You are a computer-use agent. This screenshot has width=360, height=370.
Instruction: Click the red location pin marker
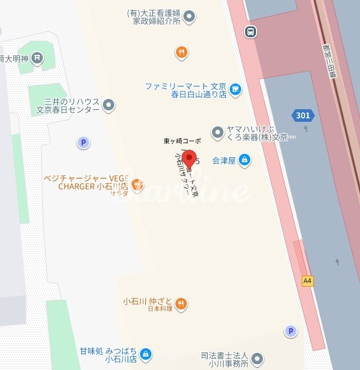pyautogui.click(x=189, y=159)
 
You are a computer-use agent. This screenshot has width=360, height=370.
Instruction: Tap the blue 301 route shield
pyautogui.click(x=303, y=116)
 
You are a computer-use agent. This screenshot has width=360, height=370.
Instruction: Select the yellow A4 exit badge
pyautogui.click(x=307, y=281)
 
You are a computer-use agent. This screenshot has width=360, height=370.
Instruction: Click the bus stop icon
pyautogui.click(x=250, y=31)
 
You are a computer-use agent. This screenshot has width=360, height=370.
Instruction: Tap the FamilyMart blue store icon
pyautogui.click(x=235, y=89)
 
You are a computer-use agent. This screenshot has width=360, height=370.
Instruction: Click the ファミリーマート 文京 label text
pyautogui.click(x=185, y=86)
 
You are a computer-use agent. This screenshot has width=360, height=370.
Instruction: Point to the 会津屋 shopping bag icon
pyautogui.click(x=245, y=160)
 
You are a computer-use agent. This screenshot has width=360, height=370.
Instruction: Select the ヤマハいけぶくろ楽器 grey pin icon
pyautogui.click(x=217, y=133)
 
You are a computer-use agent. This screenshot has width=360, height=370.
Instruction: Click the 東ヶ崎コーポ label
pyautogui.click(x=182, y=141)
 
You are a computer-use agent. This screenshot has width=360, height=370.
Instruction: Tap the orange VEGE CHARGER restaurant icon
pyautogui.click(x=137, y=184)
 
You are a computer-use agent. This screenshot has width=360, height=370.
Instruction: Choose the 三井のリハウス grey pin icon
pyautogui.click(x=109, y=105)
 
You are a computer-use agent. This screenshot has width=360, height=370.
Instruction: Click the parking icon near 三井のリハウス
pyautogui.click(x=84, y=142)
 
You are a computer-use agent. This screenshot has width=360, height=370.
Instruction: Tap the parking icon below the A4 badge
pyautogui.click(x=291, y=331)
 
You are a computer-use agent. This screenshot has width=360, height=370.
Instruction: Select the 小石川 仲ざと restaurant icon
pyautogui.click(x=181, y=303)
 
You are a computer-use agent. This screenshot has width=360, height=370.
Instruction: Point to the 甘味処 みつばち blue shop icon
pyautogui.click(x=146, y=355)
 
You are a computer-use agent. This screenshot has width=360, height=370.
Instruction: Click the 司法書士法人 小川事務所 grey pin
pyautogui.click(x=258, y=359)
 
